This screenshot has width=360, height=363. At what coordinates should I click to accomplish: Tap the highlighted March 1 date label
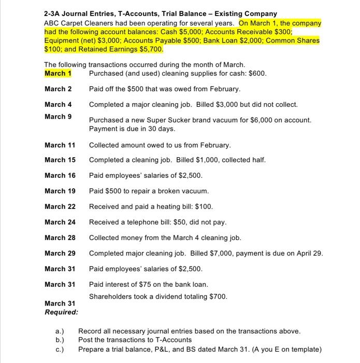tap(57, 74)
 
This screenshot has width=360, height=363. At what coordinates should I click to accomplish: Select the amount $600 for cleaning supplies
tap(257, 74)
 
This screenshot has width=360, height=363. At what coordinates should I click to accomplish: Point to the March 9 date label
tap(57, 116)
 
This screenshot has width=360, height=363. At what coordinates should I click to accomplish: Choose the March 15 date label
tap(60, 160)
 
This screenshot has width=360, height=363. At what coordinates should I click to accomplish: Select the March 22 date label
tap(60, 206)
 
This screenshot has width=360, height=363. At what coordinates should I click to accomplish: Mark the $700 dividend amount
tap(218, 296)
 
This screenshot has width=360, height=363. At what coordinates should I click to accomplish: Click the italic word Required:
tap(61, 312)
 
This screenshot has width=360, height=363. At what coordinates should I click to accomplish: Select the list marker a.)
tap(60, 331)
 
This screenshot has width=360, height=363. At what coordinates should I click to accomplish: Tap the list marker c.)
tap(60, 349)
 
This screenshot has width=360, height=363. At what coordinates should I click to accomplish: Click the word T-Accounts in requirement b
tap(174, 340)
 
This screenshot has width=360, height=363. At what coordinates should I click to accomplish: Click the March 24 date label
tap(60, 222)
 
